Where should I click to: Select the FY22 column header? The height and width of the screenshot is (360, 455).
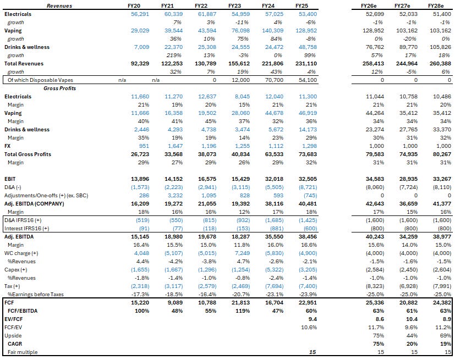click(201, 5)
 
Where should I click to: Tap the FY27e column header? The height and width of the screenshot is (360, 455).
click(407, 5)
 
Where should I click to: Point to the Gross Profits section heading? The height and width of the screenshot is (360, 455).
click(59, 88)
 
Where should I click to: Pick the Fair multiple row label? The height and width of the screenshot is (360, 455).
click(23, 352)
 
